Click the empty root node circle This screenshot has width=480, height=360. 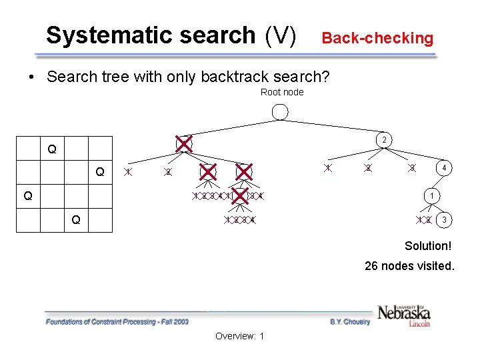[x=281, y=111]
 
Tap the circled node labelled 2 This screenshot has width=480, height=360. [x=384, y=141]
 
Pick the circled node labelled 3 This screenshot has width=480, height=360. [x=445, y=220]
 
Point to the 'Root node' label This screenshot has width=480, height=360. [x=281, y=92]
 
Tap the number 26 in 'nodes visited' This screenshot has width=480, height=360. [x=371, y=266]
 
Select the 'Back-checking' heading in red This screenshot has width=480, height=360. [x=377, y=38]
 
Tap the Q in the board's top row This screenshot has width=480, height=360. [x=51, y=149]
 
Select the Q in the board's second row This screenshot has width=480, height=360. [x=100, y=172]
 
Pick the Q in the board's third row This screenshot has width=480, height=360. [x=27, y=196]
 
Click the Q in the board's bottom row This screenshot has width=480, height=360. [x=76, y=220]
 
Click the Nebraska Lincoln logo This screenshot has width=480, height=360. [x=404, y=315]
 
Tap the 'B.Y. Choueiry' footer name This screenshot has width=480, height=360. [x=350, y=322]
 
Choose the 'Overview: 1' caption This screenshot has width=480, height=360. [x=239, y=336]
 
